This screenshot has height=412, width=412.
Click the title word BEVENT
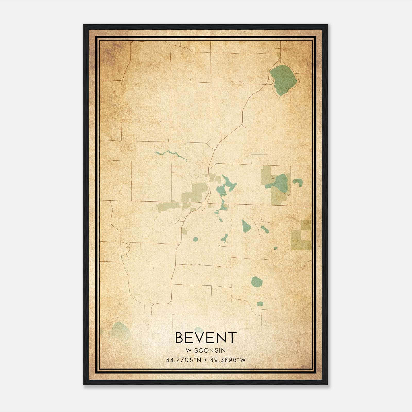(x=206, y=338)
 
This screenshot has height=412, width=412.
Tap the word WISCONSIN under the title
(x=206, y=350)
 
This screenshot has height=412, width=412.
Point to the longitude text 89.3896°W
(x=228, y=360)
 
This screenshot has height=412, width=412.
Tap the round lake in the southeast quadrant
(x=256, y=282)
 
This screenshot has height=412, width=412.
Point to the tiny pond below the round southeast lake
(x=260, y=304)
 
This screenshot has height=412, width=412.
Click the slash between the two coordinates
(x=206, y=360)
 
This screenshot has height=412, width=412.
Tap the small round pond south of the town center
(x=195, y=239)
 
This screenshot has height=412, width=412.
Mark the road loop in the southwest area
(x=127, y=249)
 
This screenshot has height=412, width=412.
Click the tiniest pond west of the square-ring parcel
(x=276, y=248)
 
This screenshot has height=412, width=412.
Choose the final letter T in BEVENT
(x=232, y=338)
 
